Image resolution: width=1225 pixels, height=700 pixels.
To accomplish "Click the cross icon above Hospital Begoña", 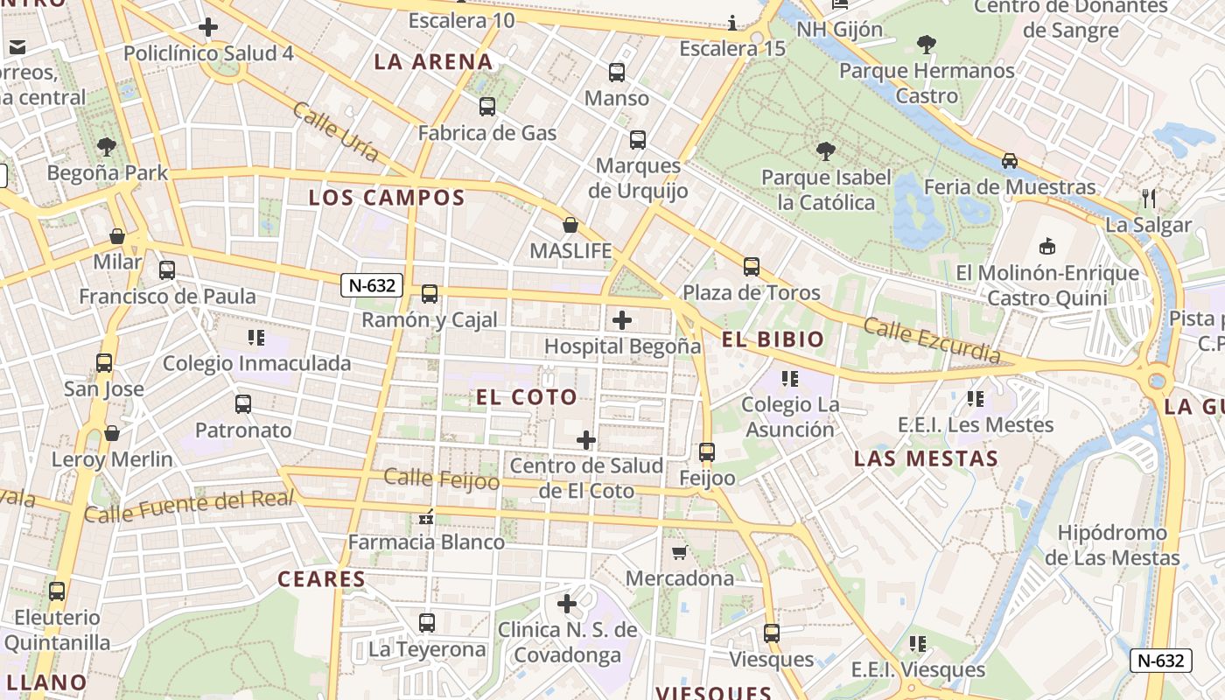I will pos(622,320).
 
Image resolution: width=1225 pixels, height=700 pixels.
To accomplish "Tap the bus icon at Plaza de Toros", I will pos(751,267).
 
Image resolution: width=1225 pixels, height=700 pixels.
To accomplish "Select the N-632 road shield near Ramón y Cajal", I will pos(373,285).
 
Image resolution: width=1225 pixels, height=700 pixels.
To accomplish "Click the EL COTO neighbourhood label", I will pos(527,397).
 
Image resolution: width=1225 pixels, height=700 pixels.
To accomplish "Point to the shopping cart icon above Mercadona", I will pos(679,552).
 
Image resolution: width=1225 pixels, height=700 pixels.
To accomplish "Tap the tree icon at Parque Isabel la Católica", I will pos(825,151).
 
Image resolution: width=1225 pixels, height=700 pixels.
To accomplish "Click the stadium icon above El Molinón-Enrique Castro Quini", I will pos(1046,246).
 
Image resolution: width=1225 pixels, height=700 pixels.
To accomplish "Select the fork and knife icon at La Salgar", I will pos(1149,199).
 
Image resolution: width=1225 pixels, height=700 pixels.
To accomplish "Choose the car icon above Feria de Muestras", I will pos(1010,161).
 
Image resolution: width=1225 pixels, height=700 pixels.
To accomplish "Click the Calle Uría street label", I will pos(336,131).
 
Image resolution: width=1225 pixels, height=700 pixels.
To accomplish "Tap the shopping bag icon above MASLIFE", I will pos(570,226).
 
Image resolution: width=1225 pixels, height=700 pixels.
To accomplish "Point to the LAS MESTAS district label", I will pos(926,458).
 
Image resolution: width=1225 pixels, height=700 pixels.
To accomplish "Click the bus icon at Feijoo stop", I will pos(707,452).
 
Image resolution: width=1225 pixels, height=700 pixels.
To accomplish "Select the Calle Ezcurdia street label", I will pos(932,340).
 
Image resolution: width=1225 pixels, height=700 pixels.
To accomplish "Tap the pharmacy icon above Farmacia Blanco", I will pos(427,517).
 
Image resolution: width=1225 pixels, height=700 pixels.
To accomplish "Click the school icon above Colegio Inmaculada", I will pos(256,337).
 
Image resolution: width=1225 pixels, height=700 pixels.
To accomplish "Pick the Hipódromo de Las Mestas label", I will pos(1112,545).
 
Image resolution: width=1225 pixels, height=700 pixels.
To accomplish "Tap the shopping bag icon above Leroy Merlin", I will pos(112,433).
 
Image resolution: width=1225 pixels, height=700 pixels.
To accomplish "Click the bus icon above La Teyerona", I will pos(427,623).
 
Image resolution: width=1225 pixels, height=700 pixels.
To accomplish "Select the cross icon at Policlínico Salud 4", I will pos(208,27).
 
